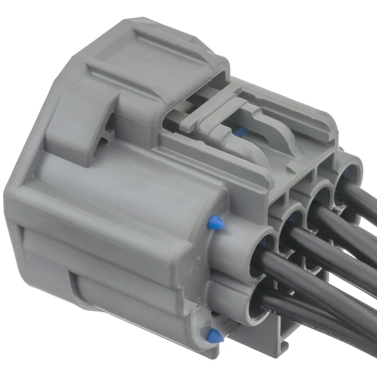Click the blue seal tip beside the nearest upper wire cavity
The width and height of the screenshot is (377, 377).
(x=214, y=222)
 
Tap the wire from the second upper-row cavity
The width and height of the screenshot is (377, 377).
(x=339, y=251)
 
